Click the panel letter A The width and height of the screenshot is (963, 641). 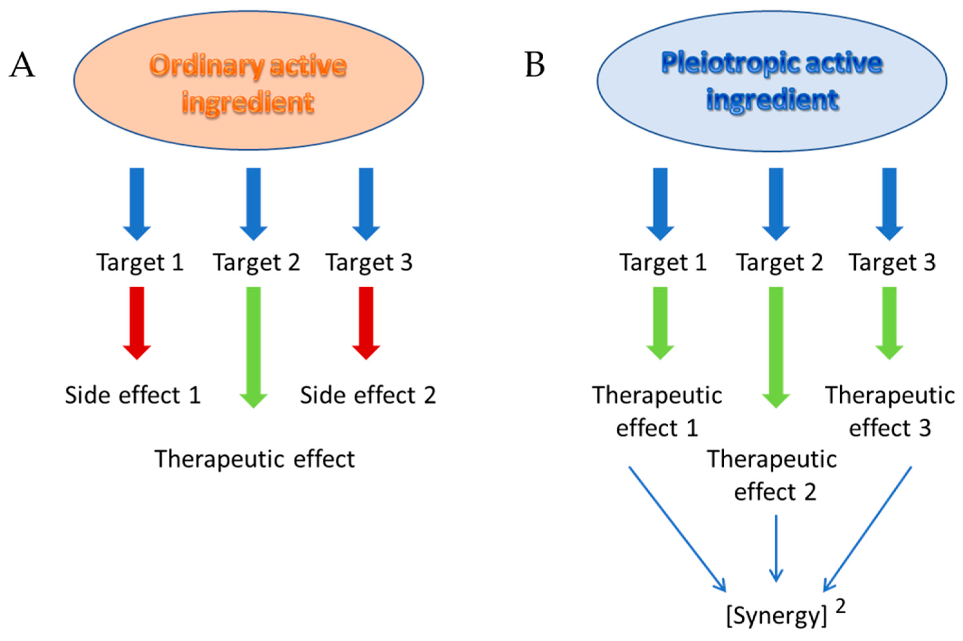point(22,65)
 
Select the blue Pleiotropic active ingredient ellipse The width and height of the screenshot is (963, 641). point(771,81)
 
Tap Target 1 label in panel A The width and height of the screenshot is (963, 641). point(140,262)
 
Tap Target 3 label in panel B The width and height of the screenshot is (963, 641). point(892,262)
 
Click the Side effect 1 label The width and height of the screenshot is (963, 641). point(133,395)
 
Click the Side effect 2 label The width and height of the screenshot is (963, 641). point(368,395)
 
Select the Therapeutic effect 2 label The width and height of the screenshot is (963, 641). point(773,475)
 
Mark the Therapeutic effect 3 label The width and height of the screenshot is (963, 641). point(890,411)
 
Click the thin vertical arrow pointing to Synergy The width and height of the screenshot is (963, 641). point(776,548)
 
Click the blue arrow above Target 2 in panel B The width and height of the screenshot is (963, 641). point(776,203)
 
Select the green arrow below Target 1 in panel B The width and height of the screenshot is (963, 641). point(660,322)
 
